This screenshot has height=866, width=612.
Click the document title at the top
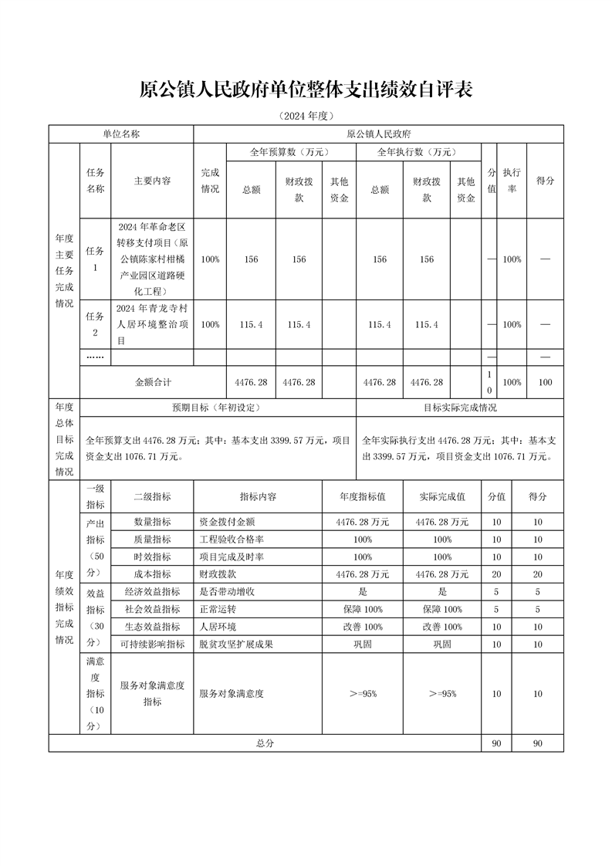click(x=306, y=90)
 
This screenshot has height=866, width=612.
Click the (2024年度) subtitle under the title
click(x=306, y=117)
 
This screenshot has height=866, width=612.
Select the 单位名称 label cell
click(x=121, y=134)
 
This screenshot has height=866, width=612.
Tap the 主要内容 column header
click(x=152, y=181)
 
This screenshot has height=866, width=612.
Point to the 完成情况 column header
click(x=210, y=181)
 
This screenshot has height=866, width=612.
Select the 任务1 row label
click(x=95, y=259)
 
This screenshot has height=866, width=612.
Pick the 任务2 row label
click(x=95, y=324)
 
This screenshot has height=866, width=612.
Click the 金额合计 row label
click(x=153, y=382)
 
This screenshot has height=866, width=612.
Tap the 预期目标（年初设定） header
click(x=218, y=408)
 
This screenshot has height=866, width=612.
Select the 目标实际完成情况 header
click(x=460, y=408)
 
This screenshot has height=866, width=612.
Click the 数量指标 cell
click(x=152, y=522)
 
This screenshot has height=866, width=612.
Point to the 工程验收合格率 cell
click(x=232, y=540)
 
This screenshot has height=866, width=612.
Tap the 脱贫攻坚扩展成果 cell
click(x=236, y=644)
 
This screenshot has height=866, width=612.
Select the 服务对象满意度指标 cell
click(x=152, y=693)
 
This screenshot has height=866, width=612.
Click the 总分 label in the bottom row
click(x=265, y=743)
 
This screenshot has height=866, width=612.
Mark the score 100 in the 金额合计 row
click(x=545, y=382)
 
